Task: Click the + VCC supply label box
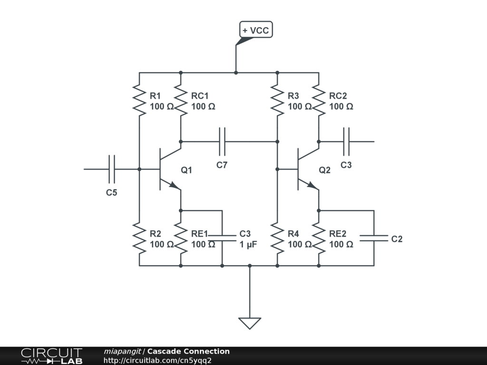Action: [x=256, y=30]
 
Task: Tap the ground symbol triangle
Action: [x=250, y=323]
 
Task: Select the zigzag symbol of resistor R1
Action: [x=139, y=100]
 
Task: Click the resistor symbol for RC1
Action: [x=181, y=100]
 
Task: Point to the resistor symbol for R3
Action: [x=277, y=100]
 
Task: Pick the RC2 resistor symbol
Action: [x=319, y=100]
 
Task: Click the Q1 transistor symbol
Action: [x=166, y=169]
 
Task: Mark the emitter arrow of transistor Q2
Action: [x=313, y=185]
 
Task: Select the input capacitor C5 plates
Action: [x=112, y=169]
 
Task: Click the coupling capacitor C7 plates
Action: [x=222, y=142]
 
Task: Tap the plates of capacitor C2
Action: [x=374, y=238]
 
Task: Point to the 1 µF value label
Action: [x=248, y=244]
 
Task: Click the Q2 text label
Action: [x=324, y=170]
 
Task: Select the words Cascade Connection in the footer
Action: [x=188, y=351]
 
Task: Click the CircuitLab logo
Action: [x=51, y=355]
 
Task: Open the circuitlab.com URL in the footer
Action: [x=157, y=360]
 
